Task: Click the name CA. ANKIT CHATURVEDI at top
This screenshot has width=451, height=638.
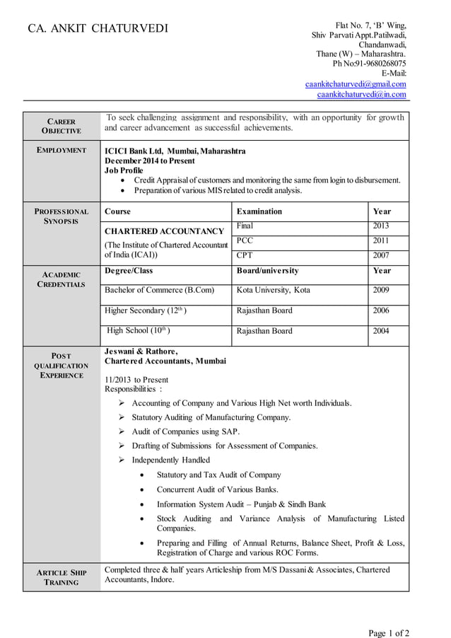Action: point(98,29)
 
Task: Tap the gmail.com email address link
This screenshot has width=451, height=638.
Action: point(355,83)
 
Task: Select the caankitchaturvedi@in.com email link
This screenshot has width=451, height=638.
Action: point(361,94)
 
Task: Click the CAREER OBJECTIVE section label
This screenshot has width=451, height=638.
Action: point(61,126)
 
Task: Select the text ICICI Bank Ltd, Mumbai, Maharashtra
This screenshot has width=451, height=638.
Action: point(175,151)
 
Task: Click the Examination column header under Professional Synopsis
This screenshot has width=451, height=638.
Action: point(259,211)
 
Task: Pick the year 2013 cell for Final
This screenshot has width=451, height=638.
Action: point(381,226)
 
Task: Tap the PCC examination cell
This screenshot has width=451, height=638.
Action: point(245,241)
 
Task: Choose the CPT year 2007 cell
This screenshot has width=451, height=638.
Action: point(381,256)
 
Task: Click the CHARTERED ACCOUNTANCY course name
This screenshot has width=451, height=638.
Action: point(164,231)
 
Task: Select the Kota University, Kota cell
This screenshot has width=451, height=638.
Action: point(273,290)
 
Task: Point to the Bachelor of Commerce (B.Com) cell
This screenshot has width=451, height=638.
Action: point(158,290)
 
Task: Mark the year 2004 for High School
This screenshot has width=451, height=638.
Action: point(381,331)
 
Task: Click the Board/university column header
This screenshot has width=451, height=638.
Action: point(267,271)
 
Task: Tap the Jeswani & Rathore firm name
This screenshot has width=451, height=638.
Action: point(141,351)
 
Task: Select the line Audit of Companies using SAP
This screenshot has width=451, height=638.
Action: point(185,431)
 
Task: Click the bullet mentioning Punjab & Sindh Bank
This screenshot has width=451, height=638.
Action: point(241,504)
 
